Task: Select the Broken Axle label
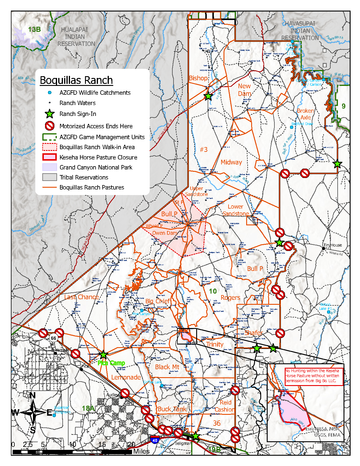[278, 112]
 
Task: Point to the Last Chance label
[79, 298]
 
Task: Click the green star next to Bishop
[208, 95]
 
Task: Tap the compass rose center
[34, 412]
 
